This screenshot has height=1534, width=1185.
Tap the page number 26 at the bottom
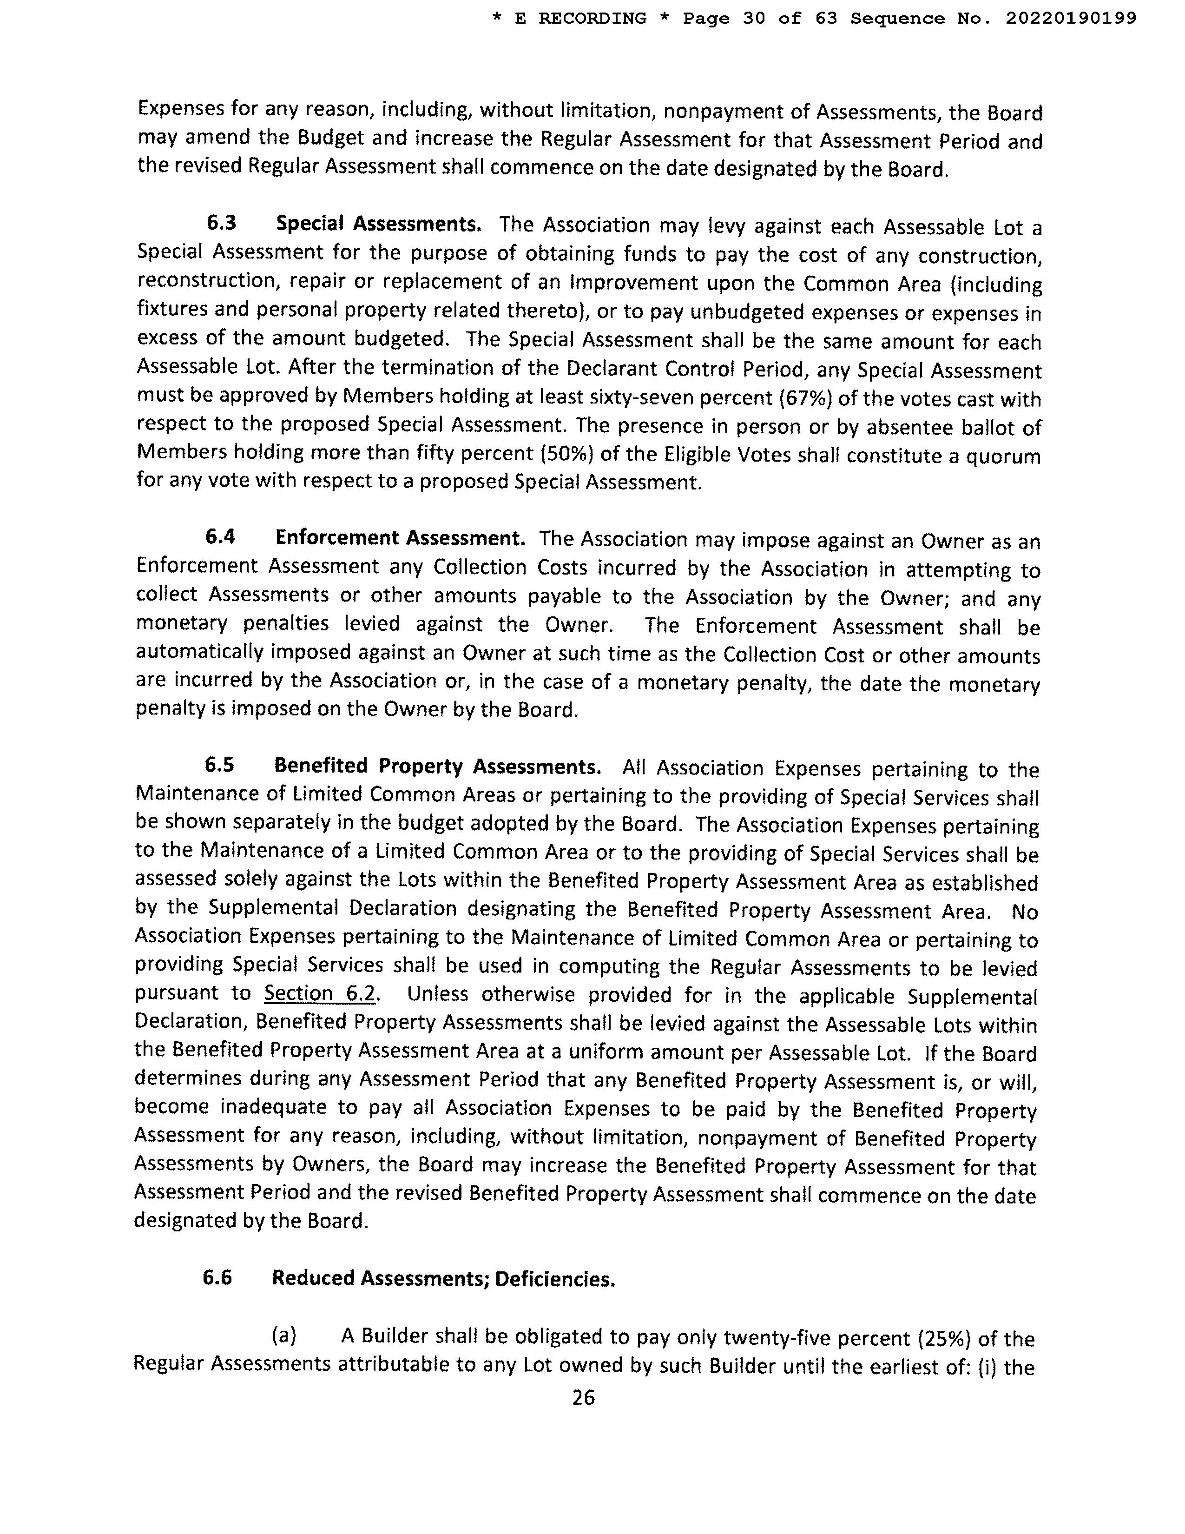pyautogui.click(x=583, y=1398)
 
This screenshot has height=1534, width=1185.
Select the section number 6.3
pyautogui.click(x=221, y=223)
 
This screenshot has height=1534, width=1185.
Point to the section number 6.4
pyautogui.click(x=220, y=537)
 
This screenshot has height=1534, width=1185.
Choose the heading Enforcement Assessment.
pyautogui.click(x=400, y=538)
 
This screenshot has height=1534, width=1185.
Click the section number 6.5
pyautogui.click(x=219, y=765)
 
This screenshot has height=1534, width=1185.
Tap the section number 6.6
pyautogui.click(x=217, y=1277)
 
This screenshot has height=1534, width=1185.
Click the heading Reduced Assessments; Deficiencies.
pyautogui.click(x=443, y=1278)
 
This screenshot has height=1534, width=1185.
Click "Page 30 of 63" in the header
pyautogui.click(x=760, y=18)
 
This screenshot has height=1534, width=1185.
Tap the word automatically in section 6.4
pyautogui.click(x=199, y=653)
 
